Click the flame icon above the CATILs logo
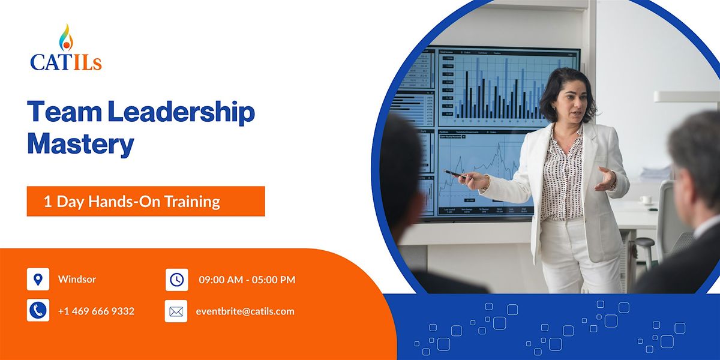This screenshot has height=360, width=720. click(x=66, y=37)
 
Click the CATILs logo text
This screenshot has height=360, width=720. click(x=66, y=61)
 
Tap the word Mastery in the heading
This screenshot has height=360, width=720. click(x=80, y=144)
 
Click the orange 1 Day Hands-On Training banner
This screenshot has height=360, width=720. click(x=146, y=202)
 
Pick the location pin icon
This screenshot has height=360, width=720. click(x=38, y=280)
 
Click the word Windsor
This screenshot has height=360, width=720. click(x=77, y=280)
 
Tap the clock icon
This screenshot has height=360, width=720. click(x=176, y=280)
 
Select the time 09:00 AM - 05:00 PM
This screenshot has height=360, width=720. click(x=247, y=280)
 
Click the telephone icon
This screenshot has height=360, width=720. click(x=38, y=311)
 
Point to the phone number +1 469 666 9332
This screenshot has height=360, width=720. click(x=96, y=311)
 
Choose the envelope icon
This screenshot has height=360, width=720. click(x=176, y=311)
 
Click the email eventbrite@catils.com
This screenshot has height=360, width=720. click(x=245, y=311)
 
